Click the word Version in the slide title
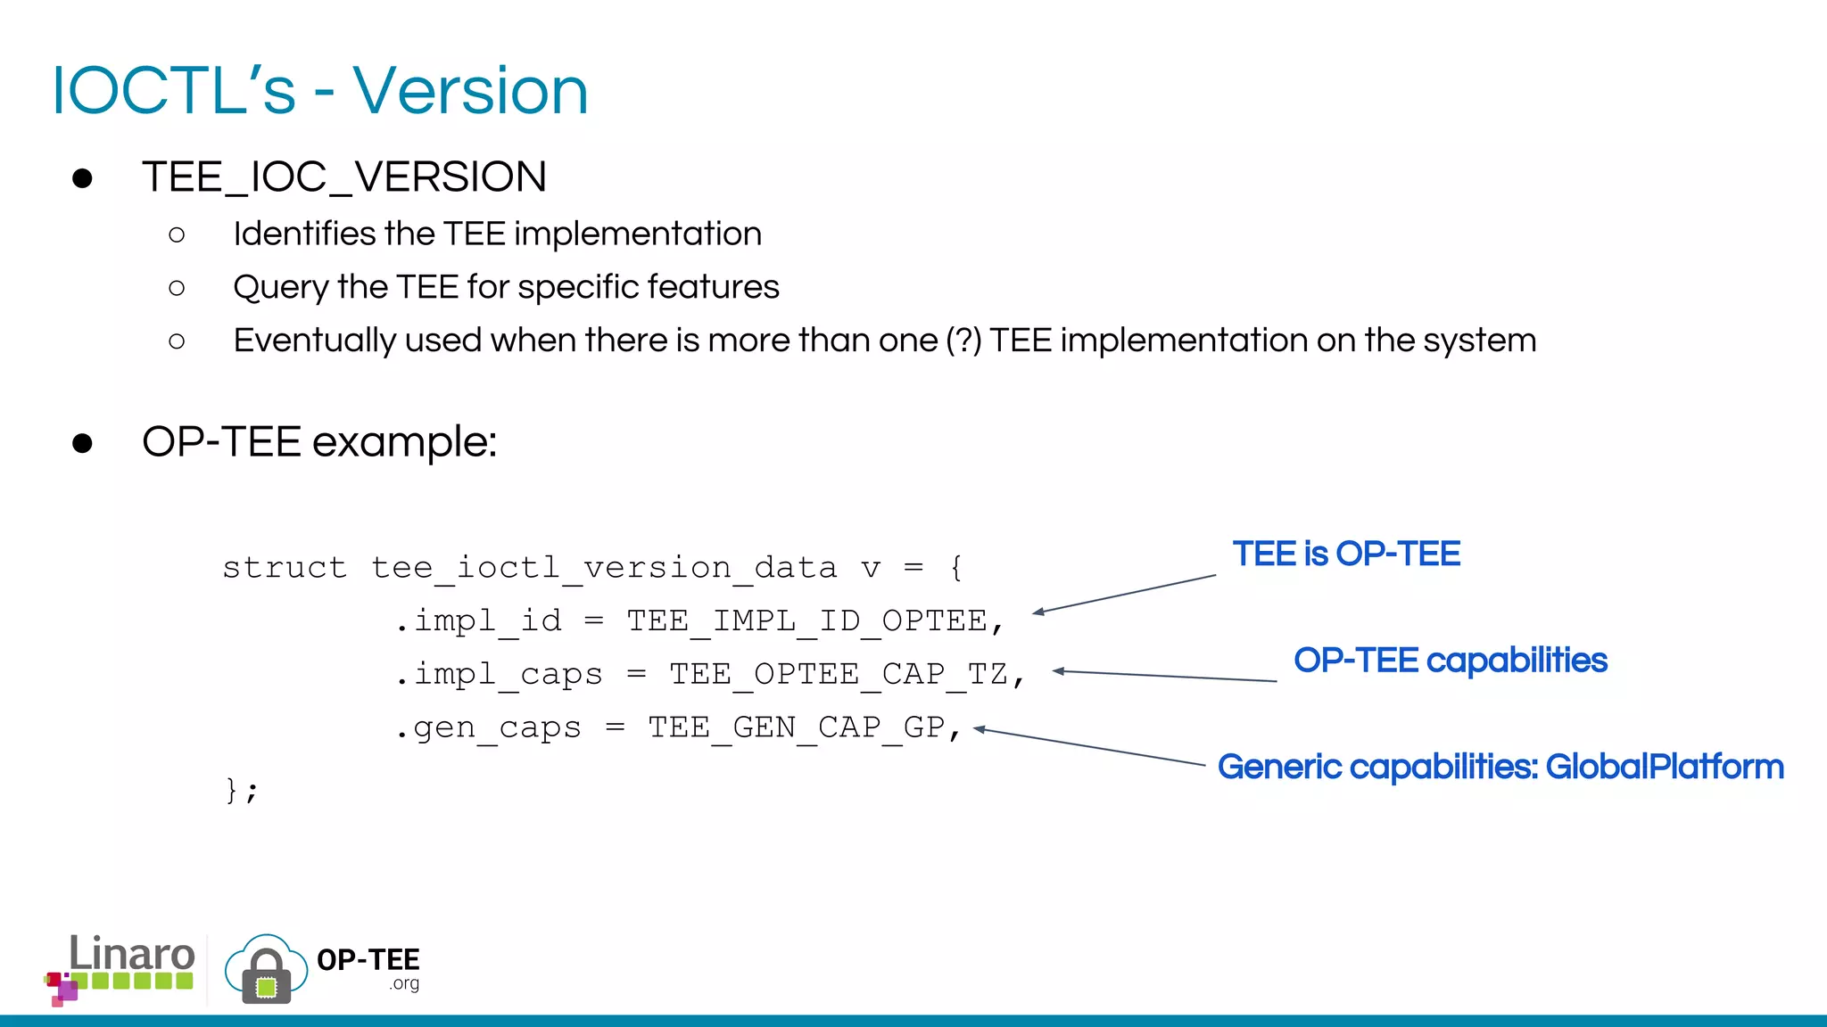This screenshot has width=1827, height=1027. (x=470, y=91)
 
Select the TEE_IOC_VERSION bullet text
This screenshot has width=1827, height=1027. (x=343, y=177)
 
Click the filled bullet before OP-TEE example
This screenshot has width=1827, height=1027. (x=82, y=443)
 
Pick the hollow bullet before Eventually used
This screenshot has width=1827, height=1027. (x=177, y=341)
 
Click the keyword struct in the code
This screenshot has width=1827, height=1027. (x=284, y=568)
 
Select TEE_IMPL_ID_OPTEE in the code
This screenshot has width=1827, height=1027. (x=806, y=620)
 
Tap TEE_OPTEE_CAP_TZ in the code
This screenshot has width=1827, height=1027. (x=839, y=674)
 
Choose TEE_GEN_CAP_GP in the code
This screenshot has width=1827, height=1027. (x=796, y=727)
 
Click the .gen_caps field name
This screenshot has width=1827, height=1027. (x=488, y=727)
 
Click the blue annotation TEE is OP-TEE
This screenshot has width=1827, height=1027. (x=1346, y=554)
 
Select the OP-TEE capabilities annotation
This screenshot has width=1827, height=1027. (x=1451, y=661)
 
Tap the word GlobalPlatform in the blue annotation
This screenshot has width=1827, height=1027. (x=1664, y=767)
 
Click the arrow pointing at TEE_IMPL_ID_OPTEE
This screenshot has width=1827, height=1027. (x=1124, y=594)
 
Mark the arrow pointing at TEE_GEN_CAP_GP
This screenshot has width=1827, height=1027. (x=1088, y=747)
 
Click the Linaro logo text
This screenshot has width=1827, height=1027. (x=131, y=955)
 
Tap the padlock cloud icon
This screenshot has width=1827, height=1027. (x=266, y=971)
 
